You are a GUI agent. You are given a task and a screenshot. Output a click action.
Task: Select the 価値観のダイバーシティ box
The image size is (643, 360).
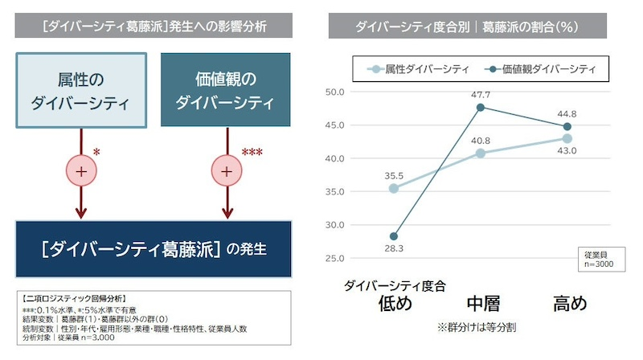[225, 90]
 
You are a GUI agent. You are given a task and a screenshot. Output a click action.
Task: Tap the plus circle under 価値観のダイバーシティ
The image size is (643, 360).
[227, 170]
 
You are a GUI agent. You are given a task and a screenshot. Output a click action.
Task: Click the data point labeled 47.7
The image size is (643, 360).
[481, 107]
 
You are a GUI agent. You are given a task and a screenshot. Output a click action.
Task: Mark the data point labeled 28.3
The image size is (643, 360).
[394, 236]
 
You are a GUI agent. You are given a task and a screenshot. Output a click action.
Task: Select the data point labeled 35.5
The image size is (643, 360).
[394, 188]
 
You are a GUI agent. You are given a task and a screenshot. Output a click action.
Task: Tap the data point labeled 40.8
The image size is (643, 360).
[481, 153]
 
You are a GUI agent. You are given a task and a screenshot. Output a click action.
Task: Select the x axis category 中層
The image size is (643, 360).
[483, 304]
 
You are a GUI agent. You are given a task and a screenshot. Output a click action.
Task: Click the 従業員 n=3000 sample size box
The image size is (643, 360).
[598, 257]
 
